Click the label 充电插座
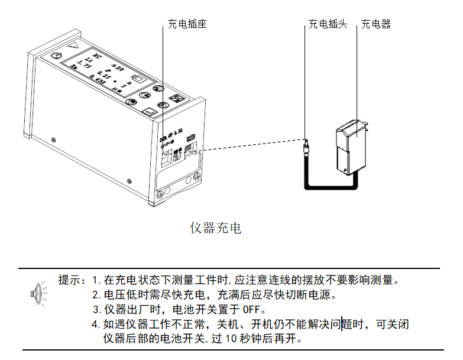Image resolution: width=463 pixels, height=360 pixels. click(186, 24)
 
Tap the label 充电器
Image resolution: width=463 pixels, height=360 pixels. click(376, 24)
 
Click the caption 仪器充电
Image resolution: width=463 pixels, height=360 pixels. click(215, 228)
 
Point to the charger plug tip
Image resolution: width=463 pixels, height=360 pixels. click(306, 144)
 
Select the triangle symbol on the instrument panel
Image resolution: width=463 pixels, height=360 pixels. click(73, 45)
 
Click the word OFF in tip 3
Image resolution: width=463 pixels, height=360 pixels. click(251, 309)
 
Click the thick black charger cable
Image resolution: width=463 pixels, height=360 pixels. click(331, 187)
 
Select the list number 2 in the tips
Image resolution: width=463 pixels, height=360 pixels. click(96, 295)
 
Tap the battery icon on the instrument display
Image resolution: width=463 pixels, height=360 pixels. click(138, 79)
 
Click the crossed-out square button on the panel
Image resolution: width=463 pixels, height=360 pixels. click(175, 99)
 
